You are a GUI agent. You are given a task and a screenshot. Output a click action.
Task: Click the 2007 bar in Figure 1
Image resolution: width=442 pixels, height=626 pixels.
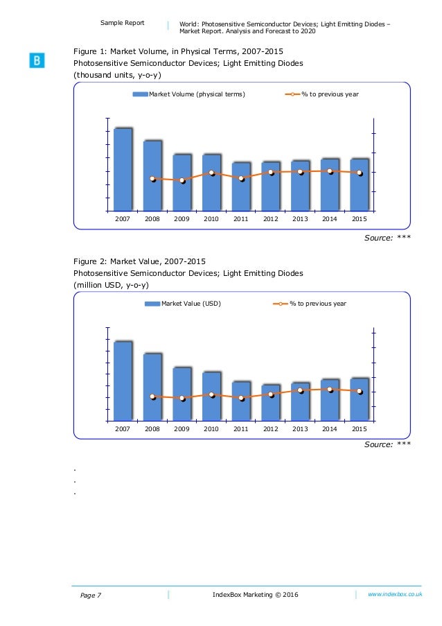coord(123,169)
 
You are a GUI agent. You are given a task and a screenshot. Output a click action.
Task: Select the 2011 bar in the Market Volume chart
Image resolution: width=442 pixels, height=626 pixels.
coord(240,186)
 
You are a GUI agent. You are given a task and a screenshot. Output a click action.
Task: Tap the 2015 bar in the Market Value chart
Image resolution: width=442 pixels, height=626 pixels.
coord(359,399)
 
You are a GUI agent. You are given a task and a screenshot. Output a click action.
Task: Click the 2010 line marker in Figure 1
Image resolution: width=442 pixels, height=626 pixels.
coord(211,173)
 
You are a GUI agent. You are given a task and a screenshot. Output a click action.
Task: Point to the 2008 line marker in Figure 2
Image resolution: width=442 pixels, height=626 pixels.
coord(152,397)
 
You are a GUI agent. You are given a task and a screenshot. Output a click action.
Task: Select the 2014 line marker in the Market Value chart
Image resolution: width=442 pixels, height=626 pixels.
coord(330,389)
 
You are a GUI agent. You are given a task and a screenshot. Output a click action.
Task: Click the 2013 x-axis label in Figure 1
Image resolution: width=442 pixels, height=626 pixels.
coord(300,219)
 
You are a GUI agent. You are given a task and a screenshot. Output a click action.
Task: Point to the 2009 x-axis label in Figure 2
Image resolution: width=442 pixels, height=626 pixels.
coord(182,429)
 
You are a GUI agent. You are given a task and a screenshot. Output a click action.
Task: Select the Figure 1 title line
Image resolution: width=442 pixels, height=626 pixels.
coord(178,51)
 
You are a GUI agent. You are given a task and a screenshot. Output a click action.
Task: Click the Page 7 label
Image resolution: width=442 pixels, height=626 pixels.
coord(87,595)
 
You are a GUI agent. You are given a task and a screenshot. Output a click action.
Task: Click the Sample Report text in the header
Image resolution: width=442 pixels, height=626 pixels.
coord(123,23)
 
